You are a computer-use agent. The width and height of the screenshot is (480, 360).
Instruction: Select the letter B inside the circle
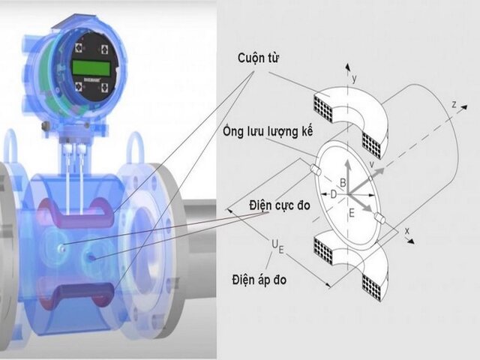[343, 182]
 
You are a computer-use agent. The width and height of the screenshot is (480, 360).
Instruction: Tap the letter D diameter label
[333, 195]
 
